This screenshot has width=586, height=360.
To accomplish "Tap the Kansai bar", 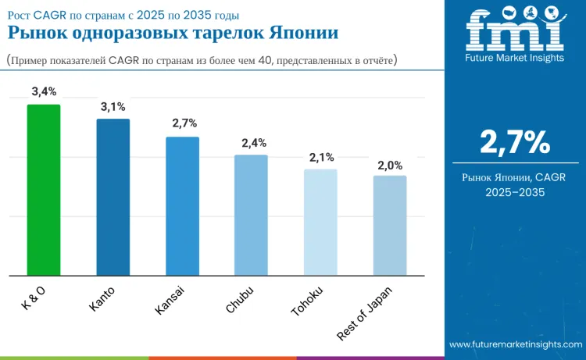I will coord(182,206).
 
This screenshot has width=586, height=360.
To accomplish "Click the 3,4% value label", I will coord(44,92).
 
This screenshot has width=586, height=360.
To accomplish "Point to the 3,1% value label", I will coord(113,106).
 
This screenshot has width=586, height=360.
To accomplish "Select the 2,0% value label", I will coord(390,166).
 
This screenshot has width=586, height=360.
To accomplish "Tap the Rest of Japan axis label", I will coord(365,312).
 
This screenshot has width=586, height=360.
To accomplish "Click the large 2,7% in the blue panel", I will coord(514,142).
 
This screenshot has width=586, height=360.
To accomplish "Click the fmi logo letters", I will coord(514,30).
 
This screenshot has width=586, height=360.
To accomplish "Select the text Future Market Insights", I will coord(514,58).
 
